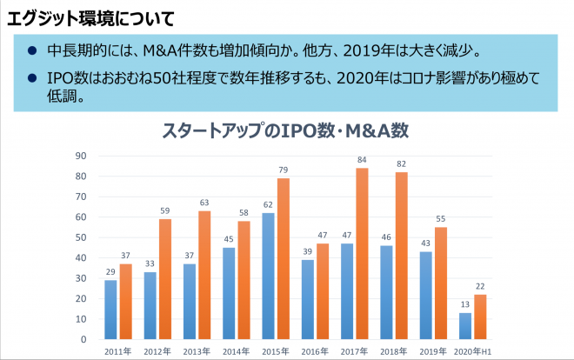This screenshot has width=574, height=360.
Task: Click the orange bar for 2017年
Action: [x=362, y=253]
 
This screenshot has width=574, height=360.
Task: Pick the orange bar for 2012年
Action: [x=164, y=278]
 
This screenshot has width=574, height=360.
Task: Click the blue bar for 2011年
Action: [x=110, y=309]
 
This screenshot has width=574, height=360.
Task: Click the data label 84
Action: [x=362, y=159]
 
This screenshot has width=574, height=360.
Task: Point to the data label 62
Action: [x=268, y=204]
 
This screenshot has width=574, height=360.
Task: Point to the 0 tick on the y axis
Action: [x=83, y=339]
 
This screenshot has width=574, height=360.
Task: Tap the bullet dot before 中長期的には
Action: [x=31, y=50]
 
